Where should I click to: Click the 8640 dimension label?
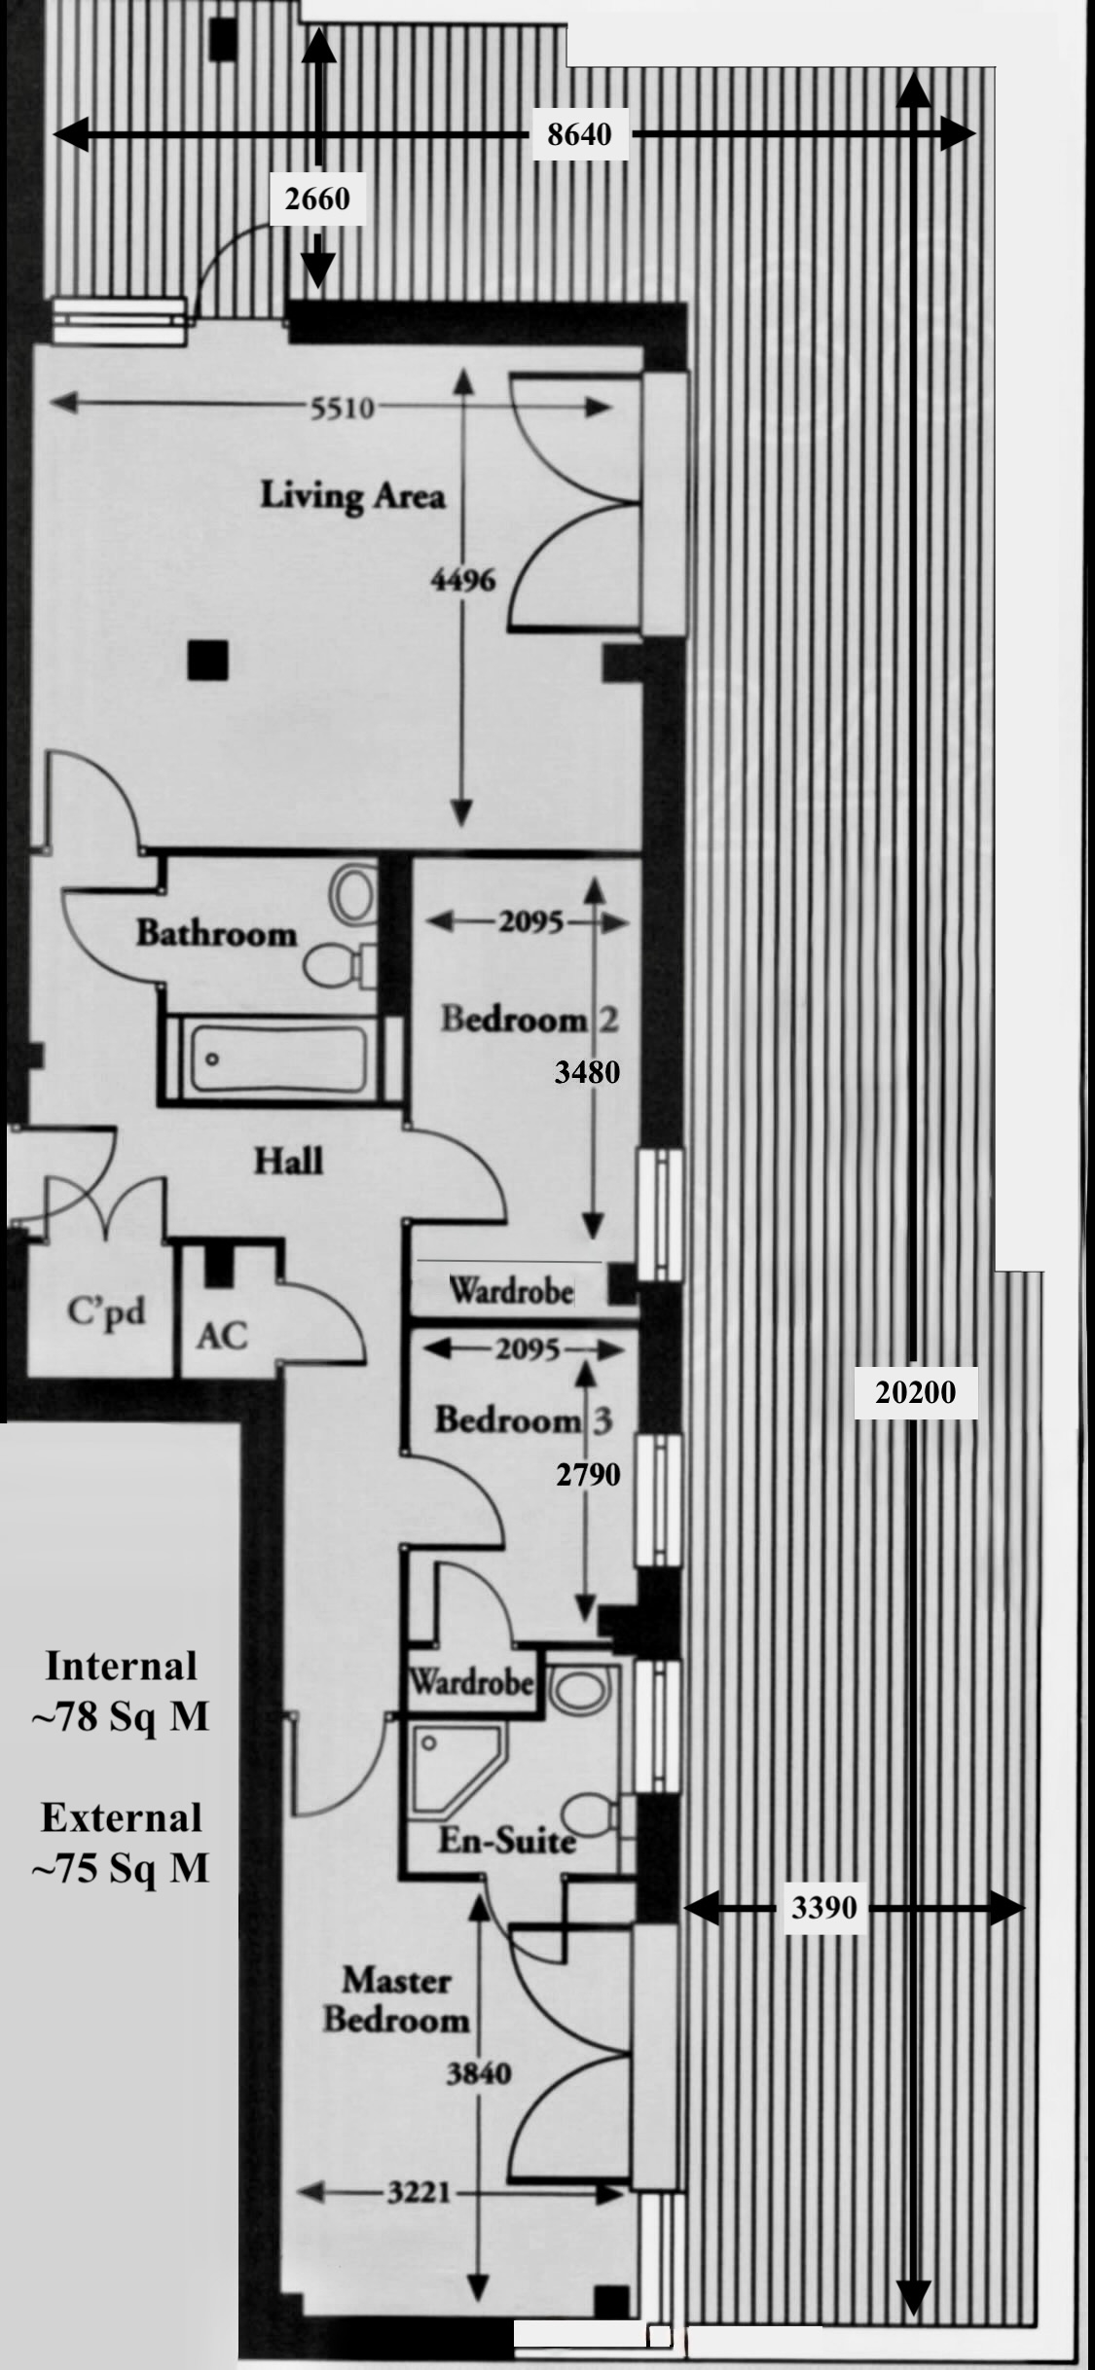579,134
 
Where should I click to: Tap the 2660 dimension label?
317,199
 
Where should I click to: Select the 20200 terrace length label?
915,1392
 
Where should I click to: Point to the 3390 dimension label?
823,1908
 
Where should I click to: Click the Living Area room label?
352,495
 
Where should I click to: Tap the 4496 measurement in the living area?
462,580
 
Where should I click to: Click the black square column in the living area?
207,661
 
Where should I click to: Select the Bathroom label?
216,934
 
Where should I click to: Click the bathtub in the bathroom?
279,1059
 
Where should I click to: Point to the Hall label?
288,1161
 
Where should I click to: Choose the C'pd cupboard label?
106,1311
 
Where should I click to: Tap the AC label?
222,1336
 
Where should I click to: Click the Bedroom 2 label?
529,1019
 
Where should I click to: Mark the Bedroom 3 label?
523,1419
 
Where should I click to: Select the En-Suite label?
506,1840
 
